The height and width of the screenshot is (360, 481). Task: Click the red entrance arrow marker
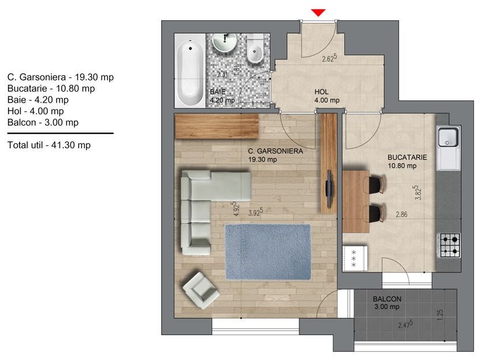pos(318,13)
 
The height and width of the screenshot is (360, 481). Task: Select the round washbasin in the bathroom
pos(225,42)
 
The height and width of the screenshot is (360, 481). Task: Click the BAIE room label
pos(217,92)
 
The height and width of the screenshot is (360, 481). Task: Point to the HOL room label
pos(321,92)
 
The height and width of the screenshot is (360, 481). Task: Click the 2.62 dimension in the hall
pos(329,58)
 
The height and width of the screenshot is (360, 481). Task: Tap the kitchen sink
pos(449,137)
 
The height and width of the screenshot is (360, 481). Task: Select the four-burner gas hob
pos(450,246)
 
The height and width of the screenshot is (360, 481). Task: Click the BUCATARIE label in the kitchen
pos(407,157)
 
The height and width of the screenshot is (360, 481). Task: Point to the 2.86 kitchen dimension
pos(401,214)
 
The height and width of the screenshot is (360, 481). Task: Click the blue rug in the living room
pos(268,252)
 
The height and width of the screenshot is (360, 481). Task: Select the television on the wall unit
pos(329,189)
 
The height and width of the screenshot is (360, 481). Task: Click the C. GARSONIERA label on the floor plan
pos(275,151)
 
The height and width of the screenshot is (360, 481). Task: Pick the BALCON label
pos(387,299)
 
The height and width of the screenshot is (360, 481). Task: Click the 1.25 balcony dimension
pos(440,315)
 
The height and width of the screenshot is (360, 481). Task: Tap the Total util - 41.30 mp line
pos(49,145)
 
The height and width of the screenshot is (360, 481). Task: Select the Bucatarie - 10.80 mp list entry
pos(51,88)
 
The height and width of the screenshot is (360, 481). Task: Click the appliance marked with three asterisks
pos(355,258)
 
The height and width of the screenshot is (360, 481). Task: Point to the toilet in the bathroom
pos(255,50)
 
